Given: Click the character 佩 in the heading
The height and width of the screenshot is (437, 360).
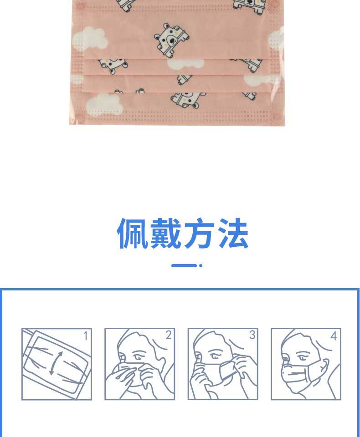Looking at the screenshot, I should coord(133,234).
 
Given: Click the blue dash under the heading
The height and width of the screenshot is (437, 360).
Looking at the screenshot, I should coord(184,265).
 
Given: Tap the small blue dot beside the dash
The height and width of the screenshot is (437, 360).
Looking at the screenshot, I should coord(201,265).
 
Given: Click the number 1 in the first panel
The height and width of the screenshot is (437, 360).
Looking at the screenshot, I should coord(85,336).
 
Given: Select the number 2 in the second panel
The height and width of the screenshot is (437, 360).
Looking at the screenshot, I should coord(168,335).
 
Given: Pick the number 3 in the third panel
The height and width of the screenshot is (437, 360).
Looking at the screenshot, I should coord(252,335).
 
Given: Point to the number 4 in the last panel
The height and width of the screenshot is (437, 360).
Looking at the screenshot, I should coord(334,336).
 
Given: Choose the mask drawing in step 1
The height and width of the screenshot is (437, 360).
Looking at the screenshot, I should coord(56,363).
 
